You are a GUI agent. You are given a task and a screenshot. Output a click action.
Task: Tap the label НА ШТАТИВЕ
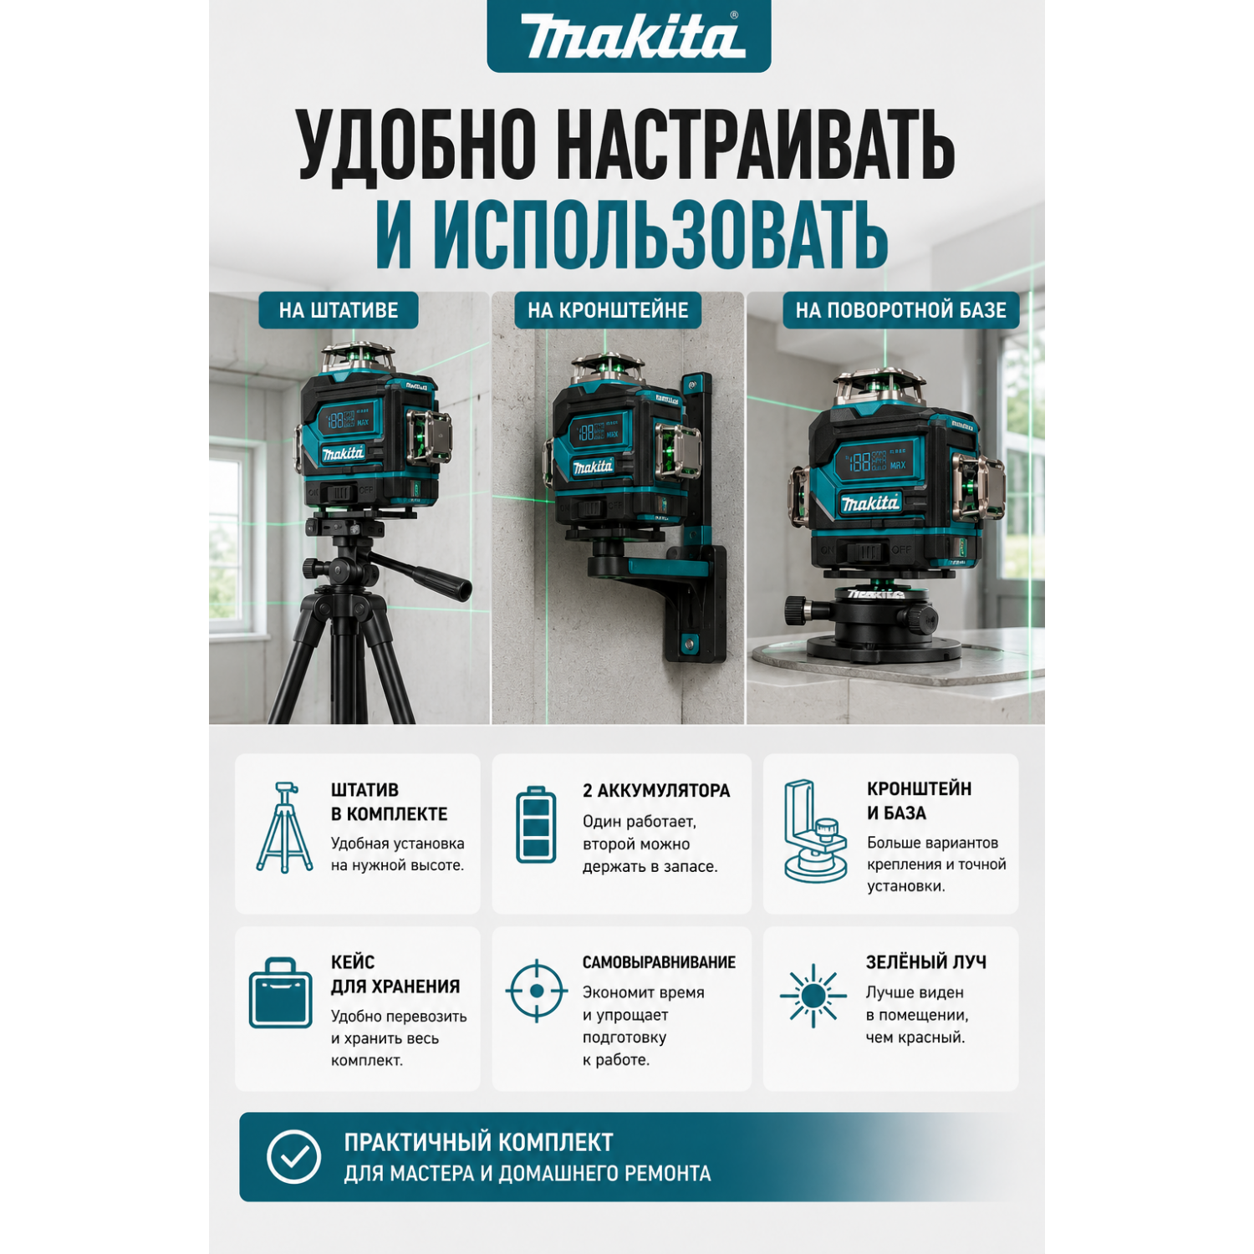click(x=339, y=310)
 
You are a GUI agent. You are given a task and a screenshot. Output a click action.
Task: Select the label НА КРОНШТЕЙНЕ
click(x=608, y=310)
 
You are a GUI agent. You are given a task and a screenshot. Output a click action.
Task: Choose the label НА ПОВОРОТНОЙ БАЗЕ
click(x=900, y=310)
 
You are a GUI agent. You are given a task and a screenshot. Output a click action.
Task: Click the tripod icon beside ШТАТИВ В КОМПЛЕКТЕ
click(x=284, y=828)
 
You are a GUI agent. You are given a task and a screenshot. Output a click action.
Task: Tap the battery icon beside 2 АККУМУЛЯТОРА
click(x=536, y=824)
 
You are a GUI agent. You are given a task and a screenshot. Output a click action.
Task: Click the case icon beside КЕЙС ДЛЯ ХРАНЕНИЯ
click(x=280, y=993)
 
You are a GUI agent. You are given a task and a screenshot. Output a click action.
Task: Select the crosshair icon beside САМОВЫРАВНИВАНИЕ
click(x=537, y=991)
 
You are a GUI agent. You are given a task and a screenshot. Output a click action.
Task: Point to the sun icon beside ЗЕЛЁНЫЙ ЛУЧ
click(x=813, y=995)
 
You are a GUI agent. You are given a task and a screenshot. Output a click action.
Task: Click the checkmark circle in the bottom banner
click(x=293, y=1156)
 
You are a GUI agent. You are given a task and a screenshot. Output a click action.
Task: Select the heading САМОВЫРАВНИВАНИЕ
click(x=659, y=962)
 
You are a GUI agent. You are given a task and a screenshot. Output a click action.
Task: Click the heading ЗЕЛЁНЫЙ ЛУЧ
click(x=925, y=961)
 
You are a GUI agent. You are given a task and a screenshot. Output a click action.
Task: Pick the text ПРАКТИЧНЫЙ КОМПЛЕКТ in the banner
click(x=478, y=1142)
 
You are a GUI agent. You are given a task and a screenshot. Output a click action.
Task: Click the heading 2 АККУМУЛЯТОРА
click(x=656, y=790)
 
